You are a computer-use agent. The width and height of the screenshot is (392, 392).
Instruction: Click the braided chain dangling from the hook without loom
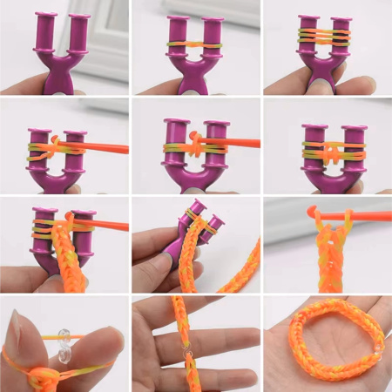(329, 257)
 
